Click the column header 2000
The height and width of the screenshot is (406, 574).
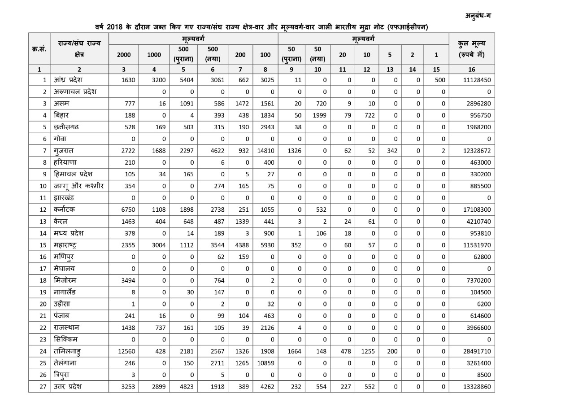coord(124,55)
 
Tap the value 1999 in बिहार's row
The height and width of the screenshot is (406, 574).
coord(318,115)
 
